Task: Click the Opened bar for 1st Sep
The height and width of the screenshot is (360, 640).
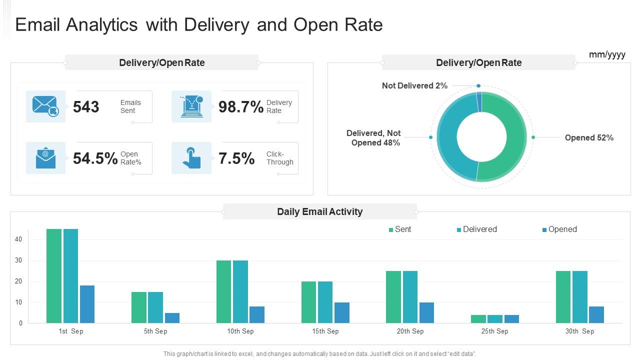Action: tap(87, 304)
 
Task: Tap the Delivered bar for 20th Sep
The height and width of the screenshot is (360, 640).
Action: tap(410, 297)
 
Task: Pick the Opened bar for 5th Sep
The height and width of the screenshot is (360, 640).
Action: tap(172, 318)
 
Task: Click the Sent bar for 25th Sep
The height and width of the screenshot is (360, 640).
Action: tap(478, 319)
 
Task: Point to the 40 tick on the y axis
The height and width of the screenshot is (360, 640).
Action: tap(18, 239)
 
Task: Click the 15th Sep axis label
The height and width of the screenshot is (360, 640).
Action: tap(325, 331)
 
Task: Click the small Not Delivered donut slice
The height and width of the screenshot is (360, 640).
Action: tap(479, 95)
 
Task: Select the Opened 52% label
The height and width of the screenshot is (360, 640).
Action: tap(589, 138)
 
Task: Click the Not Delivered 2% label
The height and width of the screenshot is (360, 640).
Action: tap(414, 86)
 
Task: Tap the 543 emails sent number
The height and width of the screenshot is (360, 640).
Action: tap(86, 107)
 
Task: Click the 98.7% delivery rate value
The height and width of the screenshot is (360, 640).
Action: tap(241, 107)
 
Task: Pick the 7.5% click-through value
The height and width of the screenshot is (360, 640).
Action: tap(236, 158)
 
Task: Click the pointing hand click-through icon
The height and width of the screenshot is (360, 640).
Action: tap(191, 158)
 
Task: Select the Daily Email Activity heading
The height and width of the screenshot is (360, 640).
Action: tap(319, 212)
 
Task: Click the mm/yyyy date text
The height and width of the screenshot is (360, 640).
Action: tap(607, 54)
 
